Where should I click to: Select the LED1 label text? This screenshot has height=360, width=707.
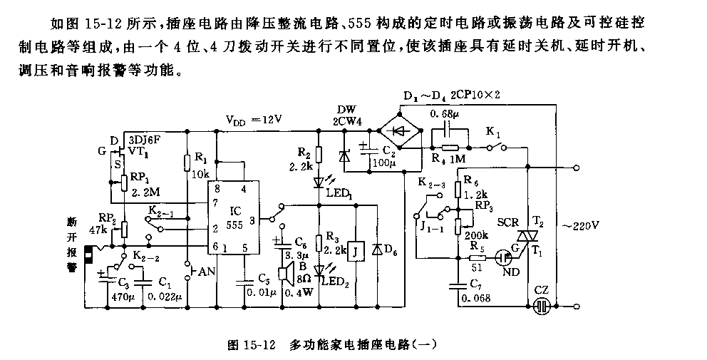pyautogui.click(x=340, y=192)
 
